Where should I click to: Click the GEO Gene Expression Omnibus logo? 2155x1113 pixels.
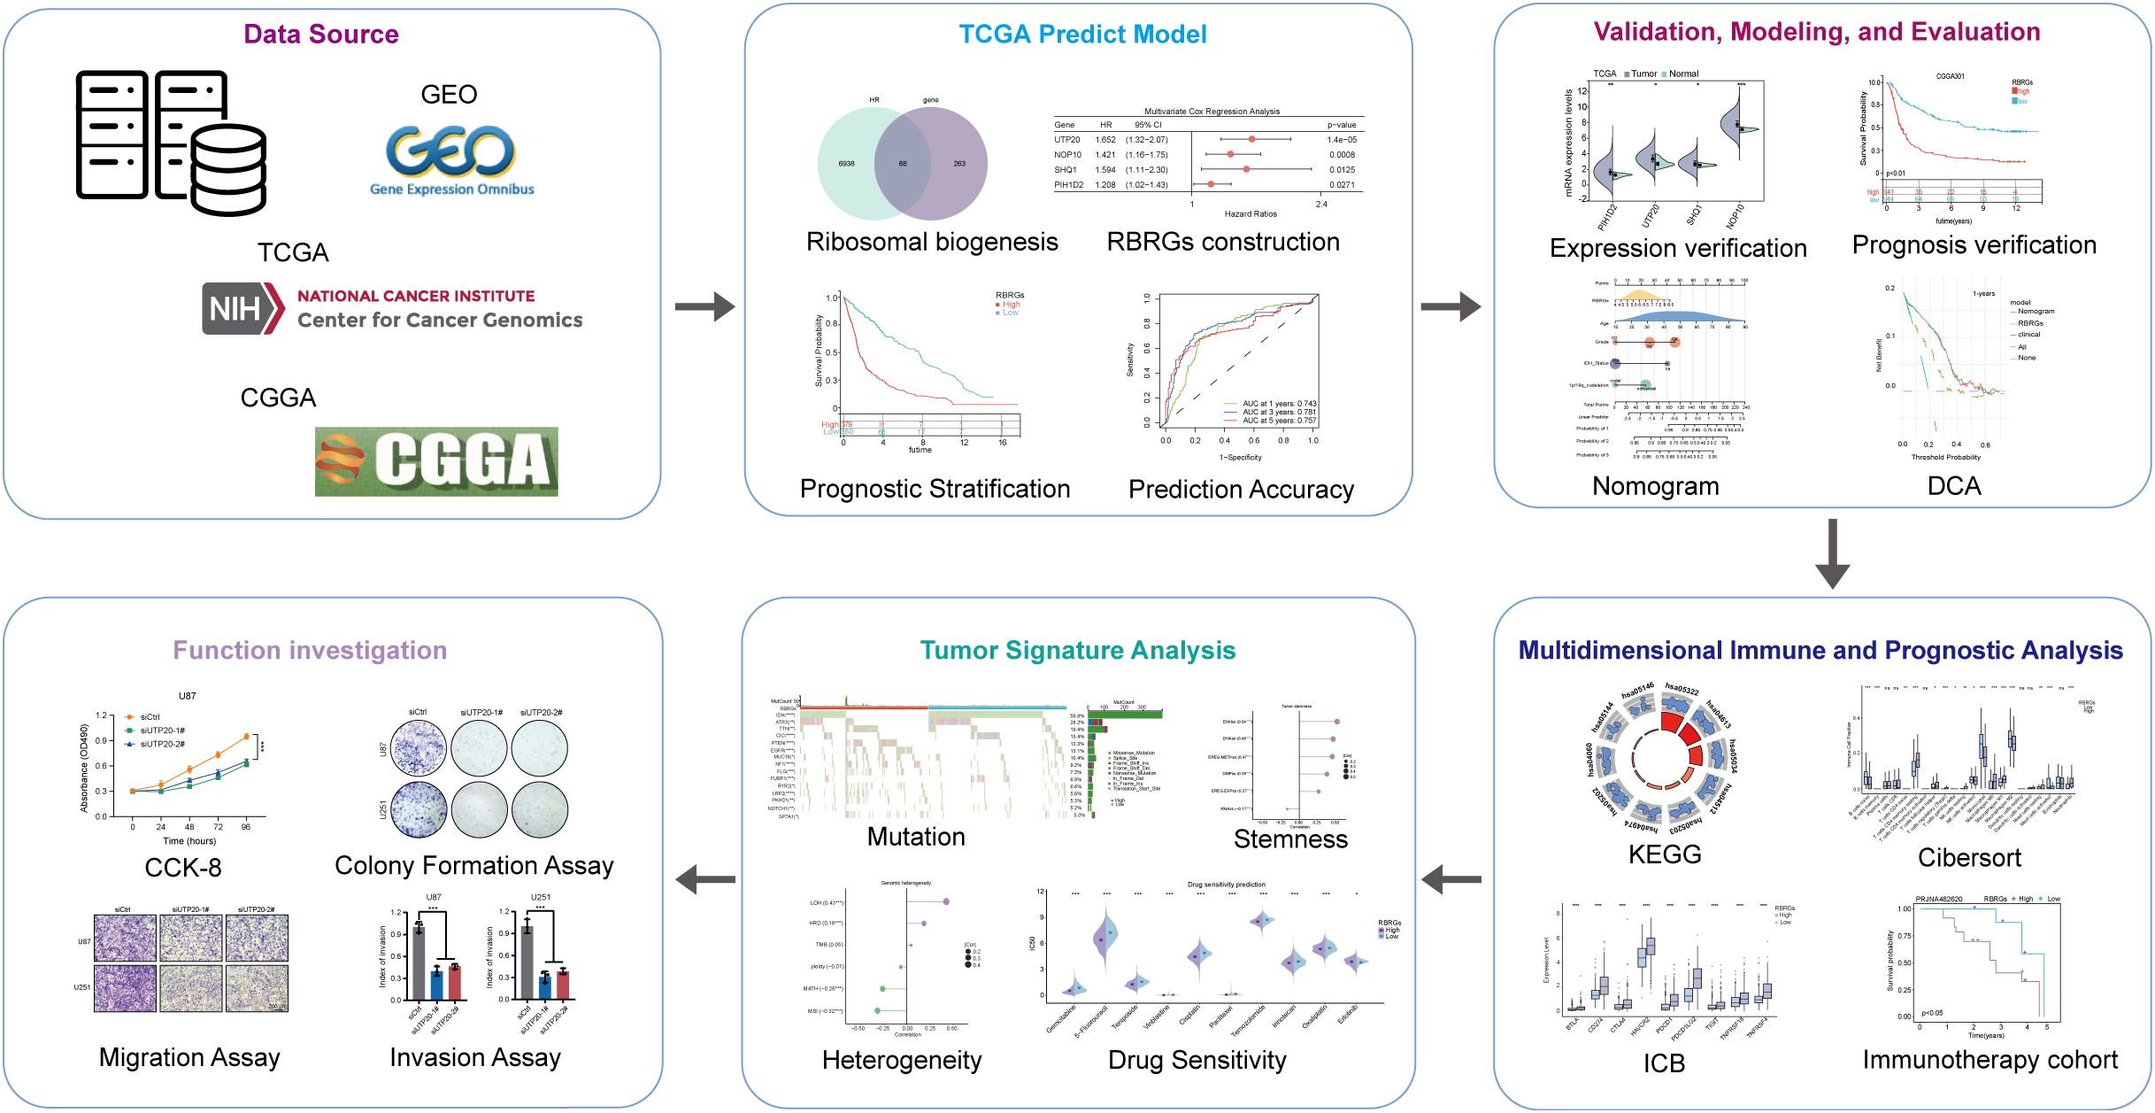450,159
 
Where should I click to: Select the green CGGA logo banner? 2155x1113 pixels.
436,461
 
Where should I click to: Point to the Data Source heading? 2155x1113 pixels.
321,35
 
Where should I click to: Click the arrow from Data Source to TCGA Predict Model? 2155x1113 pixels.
704,307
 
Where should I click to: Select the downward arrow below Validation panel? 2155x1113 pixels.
1832,554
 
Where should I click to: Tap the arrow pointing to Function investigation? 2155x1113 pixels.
704,880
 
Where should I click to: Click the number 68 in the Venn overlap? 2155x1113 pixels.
903,164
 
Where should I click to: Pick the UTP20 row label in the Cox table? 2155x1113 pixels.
1066,140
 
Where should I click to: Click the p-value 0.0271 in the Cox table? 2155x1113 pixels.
1342,185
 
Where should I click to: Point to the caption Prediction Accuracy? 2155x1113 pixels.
1241,490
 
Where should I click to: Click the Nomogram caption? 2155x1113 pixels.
1655,486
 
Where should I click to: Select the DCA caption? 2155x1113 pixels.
1954,486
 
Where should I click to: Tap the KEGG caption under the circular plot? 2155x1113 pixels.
1665,854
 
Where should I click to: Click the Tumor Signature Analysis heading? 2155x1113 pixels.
1077,651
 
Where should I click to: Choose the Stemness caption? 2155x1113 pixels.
1290,839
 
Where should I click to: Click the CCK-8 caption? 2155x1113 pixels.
183,868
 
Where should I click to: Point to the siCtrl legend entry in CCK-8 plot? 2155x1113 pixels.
149,717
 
